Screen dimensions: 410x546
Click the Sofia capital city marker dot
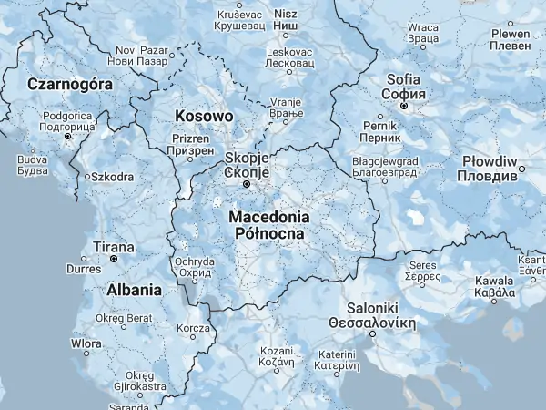click(404, 106)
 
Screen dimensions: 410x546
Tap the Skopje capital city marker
click(246, 185)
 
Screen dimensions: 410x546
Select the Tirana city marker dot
click(113, 259)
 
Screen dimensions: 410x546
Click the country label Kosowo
click(203, 117)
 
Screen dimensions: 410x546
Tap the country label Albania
click(134, 290)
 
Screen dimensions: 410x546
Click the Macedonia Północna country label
click(270, 225)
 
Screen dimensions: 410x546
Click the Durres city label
click(84, 269)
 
